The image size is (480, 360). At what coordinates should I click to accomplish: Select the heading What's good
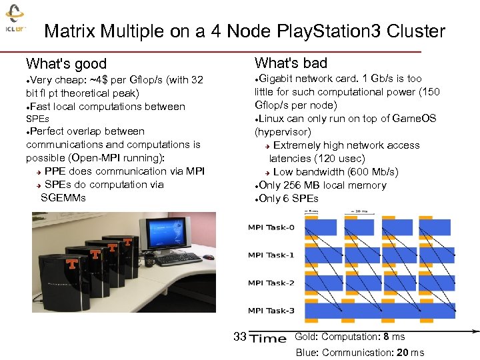point(66,64)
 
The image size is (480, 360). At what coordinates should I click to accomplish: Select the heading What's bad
point(291,63)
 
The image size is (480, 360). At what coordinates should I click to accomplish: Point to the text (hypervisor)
point(283,132)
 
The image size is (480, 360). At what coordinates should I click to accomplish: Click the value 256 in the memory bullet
point(295,185)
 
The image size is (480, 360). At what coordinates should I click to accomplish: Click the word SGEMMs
point(63,197)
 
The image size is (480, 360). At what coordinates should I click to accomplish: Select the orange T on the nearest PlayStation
point(71,263)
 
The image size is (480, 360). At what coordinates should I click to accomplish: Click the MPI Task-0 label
point(271,228)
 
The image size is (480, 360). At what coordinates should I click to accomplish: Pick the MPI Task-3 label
point(271,311)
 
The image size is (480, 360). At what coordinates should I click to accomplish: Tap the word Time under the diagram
point(268,338)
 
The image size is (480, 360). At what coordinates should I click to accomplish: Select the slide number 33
point(240,337)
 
